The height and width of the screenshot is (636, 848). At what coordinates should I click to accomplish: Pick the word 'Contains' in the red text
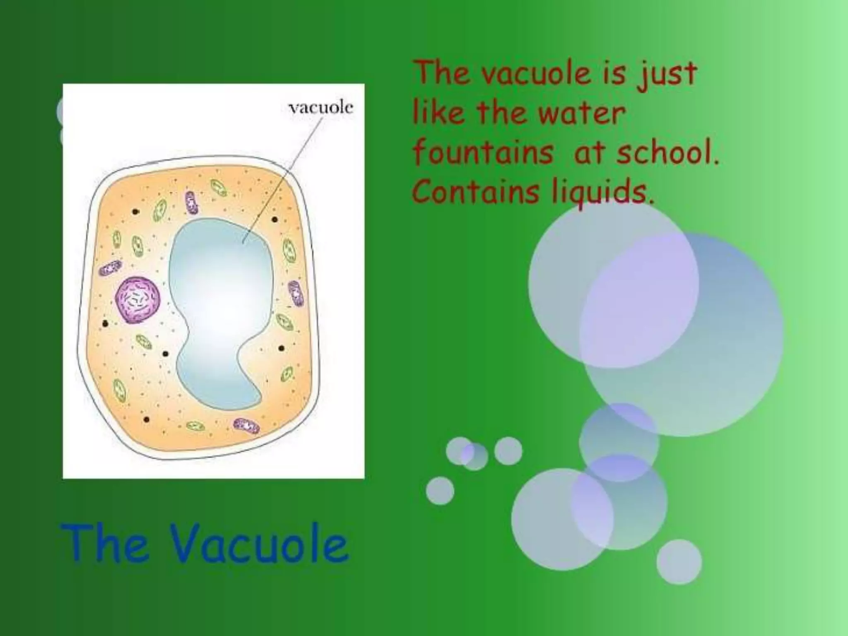(477, 192)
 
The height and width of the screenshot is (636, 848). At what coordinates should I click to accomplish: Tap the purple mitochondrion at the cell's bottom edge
(247, 425)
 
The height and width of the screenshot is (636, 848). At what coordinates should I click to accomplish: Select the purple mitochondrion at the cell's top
(191, 202)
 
